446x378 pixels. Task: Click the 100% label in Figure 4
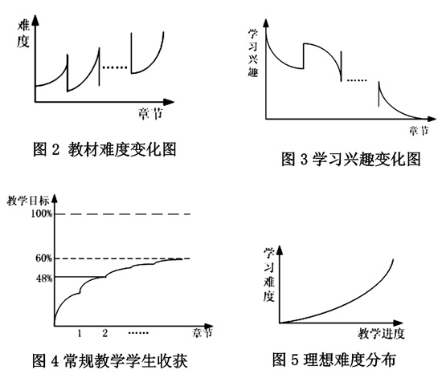42,213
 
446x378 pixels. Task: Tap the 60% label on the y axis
44,258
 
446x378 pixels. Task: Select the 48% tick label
44,278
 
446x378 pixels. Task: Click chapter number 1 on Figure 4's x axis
80,333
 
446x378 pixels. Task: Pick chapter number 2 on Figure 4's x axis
105,333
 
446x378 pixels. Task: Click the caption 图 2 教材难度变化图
104,149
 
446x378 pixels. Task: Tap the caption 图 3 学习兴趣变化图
350,159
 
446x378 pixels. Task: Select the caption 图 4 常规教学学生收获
110,361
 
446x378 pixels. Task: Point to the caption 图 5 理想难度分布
334,360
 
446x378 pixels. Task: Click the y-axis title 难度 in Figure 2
23,34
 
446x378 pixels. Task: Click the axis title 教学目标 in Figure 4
28,201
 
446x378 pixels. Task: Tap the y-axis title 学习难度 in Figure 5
268,274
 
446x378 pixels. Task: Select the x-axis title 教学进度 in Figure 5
381,333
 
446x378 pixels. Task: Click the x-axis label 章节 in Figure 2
151,114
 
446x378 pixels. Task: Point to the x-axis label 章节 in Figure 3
419,131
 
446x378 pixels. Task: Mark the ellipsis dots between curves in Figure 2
115,67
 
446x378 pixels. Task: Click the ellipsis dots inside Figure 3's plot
357,80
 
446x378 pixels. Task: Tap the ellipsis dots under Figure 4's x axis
138,333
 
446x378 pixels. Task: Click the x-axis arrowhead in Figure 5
398,323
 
